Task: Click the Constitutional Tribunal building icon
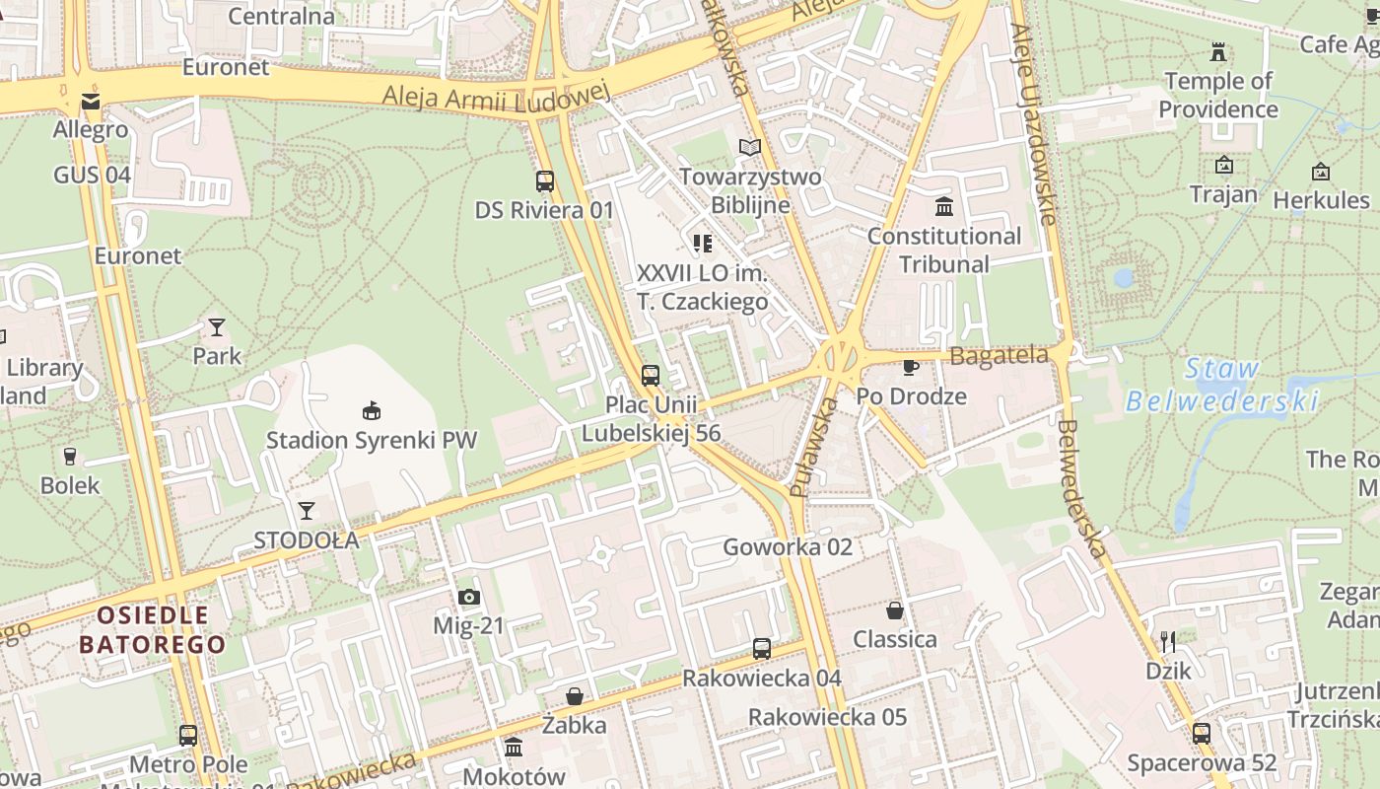tap(944, 207)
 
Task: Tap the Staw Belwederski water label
tap(1222, 385)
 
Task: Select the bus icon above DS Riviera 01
tap(545, 181)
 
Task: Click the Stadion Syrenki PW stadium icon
tap(372, 410)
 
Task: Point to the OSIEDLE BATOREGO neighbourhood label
tap(153, 630)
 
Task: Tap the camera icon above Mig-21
tap(468, 597)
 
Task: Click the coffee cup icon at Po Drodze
tap(911, 368)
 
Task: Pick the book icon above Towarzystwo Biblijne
tap(750, 148)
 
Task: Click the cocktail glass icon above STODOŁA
tap(307, 511)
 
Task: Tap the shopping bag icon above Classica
tap(895, 610)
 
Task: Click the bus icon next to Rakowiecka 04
tap(762, 649)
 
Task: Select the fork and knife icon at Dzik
tap(1168, 642)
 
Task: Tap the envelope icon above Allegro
tap(91, 102)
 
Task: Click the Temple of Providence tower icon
tap(1219, 51)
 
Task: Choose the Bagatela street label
tap(999, 356)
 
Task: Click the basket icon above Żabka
tap(575, 697)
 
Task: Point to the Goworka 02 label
tap(788, 547)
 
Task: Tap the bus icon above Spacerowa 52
tap(1202, 734)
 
